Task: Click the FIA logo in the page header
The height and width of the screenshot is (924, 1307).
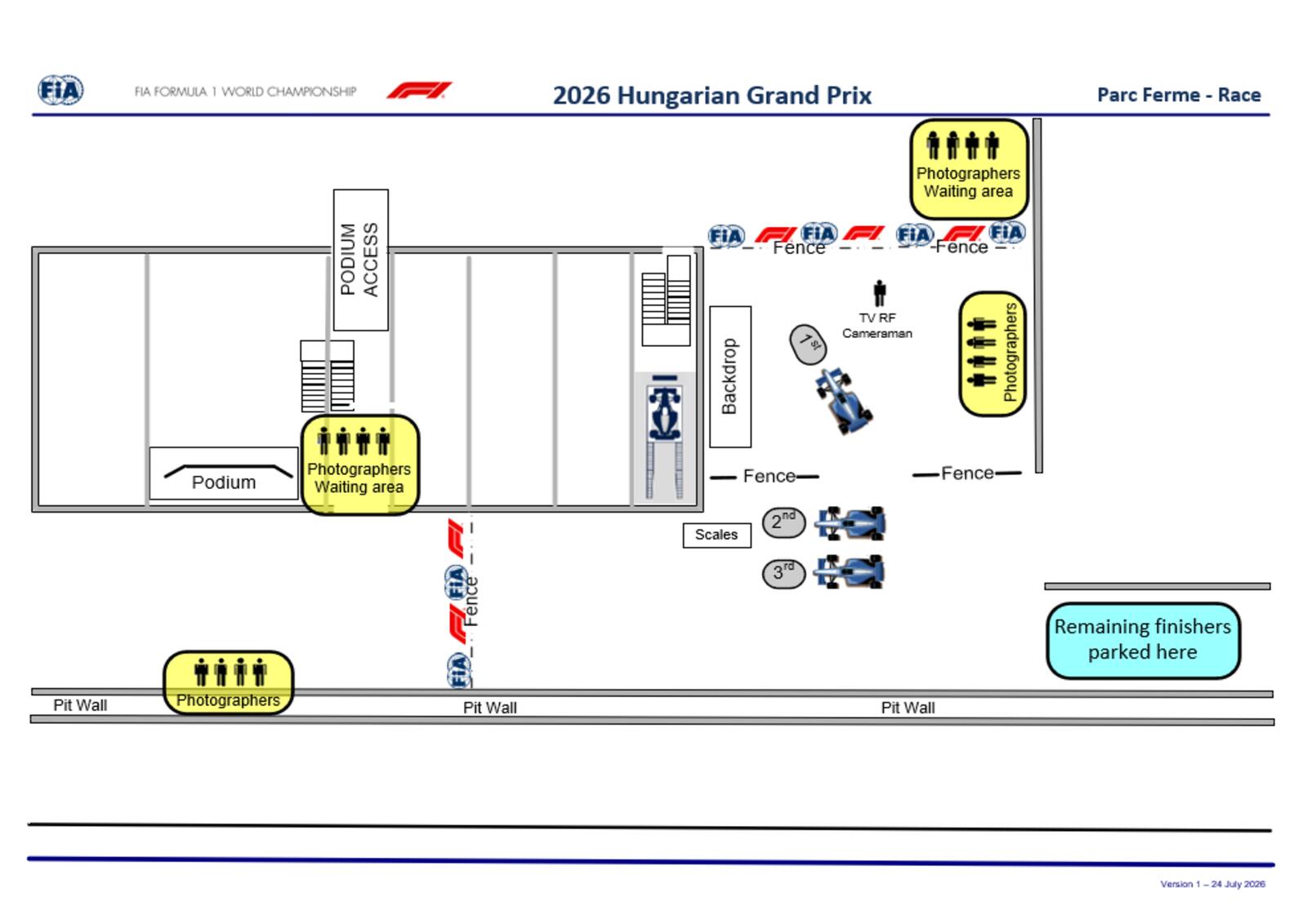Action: (60, 91)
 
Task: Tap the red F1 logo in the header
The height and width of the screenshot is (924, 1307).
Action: (419, 91)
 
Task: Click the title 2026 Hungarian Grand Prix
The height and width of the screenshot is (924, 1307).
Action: (711, 96)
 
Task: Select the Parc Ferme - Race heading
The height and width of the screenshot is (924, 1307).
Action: (1179, 95)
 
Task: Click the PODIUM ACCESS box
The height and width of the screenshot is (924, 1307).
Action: (360, 260)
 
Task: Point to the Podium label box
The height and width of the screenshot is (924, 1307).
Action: (224, 473)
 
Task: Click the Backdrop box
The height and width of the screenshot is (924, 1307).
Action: (730, 376)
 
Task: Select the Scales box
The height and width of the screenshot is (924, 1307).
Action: (716, 535)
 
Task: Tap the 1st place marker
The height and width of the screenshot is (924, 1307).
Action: (808, 344)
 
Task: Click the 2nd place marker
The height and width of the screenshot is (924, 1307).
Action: (783, 522)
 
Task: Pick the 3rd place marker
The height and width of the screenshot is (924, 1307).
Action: (783, 574)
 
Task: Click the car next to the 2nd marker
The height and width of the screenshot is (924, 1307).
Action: (850, 523)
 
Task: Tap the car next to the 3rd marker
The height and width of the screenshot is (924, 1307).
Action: (850, 571)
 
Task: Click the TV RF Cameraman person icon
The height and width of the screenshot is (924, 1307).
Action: (879, 293)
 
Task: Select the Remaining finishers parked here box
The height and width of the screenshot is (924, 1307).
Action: (1143, 640)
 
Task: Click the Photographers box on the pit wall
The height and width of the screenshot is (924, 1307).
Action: (228, 682)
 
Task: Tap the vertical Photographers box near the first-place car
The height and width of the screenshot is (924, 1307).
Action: (993, 354)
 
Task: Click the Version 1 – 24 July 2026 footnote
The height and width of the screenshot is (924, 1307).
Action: (1212, 884)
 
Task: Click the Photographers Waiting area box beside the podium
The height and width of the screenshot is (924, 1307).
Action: (360, 464)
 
